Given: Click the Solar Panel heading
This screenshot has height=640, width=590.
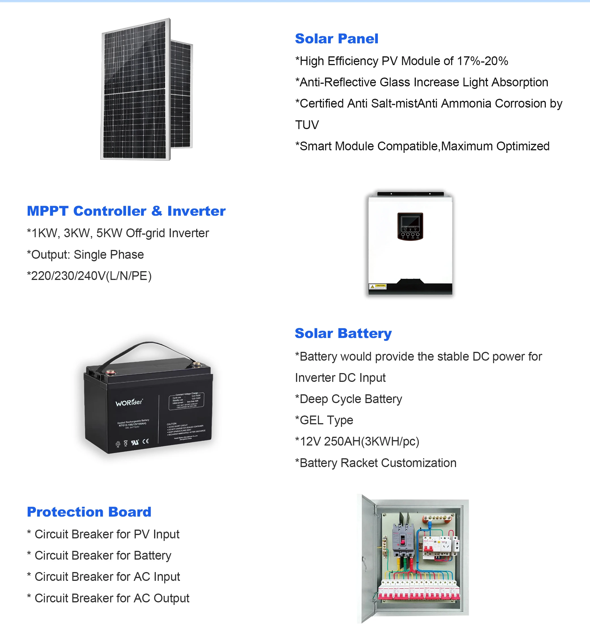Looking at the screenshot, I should point(336,38).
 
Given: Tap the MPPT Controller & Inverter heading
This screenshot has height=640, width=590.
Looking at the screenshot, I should point(126,211).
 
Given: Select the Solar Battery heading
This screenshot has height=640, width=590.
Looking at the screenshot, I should point(343,333).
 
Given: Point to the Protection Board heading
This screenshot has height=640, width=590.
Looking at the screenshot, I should point(89,512).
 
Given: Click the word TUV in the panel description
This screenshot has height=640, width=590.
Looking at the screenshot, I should point(307,125).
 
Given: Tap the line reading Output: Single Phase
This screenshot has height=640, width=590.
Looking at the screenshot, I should point(86,254).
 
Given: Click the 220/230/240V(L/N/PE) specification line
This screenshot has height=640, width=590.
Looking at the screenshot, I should point(90,276).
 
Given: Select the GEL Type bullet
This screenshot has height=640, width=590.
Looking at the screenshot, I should point(324,420).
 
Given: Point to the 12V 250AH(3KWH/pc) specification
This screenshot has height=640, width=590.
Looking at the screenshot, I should point(357,441).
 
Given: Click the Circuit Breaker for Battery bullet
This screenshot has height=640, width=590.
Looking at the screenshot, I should point(100,555).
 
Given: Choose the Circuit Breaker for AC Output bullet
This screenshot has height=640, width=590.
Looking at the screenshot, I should point(108,598).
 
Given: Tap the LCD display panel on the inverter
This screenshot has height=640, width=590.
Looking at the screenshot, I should point(410,222).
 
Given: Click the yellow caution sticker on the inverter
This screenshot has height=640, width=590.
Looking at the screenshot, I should point(378,286).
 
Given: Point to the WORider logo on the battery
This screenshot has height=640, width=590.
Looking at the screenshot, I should point(129,403).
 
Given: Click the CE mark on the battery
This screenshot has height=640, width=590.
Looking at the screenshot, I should point(146,441).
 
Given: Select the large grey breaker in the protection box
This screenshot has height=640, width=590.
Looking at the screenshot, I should point(403,539).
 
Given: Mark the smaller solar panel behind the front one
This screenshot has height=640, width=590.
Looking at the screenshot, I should point(181,96).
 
